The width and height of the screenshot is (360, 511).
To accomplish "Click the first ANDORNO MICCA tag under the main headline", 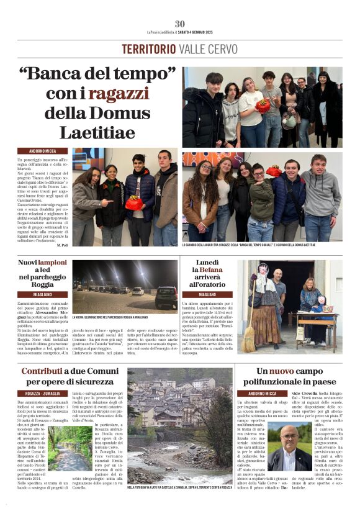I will pos(39,151).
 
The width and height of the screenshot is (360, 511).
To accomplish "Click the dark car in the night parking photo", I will pos(166,297).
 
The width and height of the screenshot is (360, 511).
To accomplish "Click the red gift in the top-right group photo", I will pos(263,106).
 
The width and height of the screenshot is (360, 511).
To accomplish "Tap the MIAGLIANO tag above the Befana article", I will pos(199,294).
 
